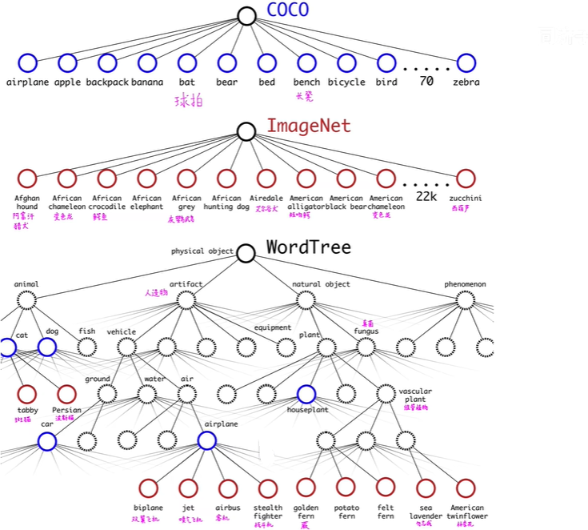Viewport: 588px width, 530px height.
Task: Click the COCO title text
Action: pyautogui.click(x=287, y=10)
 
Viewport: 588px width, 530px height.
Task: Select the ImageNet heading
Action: pyautogui.click(x=308, y=126)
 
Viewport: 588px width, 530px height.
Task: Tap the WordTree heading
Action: pyautogui.click(x=308, y=247)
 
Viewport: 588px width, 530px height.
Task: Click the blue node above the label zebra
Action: pyautogui.click(x=466, y=62)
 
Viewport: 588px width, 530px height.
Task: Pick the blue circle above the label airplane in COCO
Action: pyautogui.click(x=27, y=62)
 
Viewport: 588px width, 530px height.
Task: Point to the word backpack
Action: pyautogui.click(x=107, y=82)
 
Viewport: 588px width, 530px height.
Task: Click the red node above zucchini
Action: pyautogui.click(x=466, y=179)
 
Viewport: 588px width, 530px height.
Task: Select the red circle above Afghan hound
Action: pyautogui.click(x=27, y=179)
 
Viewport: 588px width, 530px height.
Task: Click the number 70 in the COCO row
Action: pyautogui.click(x=426, y=82)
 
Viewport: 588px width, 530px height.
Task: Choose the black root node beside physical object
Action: pyautogui.click(x=246, y=253)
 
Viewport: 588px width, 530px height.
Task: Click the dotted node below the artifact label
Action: pyautogui.click(x=186, y=300)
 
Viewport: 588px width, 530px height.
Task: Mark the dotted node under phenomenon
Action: pyautogui.click(x=466, y=300)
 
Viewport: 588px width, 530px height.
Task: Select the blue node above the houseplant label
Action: pyautogui.click(x=306, y=394)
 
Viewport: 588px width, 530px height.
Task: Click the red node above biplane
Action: pyautogui.click(x=147, y=488)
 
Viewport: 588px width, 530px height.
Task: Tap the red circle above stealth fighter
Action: pyautogui.click(x=267, y=488)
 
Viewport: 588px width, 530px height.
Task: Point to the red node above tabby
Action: pyautogui.click(x=27, y=394)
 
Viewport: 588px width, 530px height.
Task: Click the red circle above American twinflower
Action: pyautogui.click(x=466, y=488)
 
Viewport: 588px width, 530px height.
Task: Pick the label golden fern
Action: pyautogui.click(x=306, y=512)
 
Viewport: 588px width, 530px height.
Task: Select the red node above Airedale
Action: pyautogui.click(x=266, y=179)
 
